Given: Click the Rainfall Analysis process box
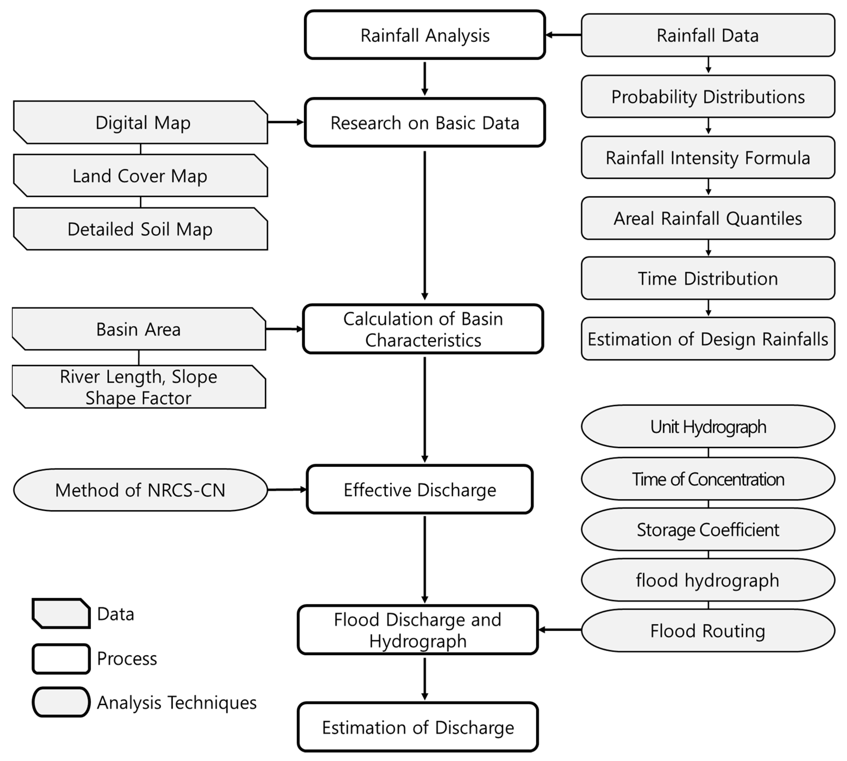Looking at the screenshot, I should point(425,35).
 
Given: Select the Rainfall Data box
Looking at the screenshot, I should point(708,35).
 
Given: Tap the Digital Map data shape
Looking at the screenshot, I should point(141,122).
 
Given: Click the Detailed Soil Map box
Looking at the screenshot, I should point(141,229).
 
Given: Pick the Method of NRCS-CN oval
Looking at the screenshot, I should point(141,490).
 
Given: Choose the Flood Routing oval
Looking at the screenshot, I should point(708,631).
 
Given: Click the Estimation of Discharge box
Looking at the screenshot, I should point(417,727).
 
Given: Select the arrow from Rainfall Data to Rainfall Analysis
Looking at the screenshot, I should point(563,35).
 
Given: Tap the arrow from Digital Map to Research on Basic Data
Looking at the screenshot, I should point(286,122).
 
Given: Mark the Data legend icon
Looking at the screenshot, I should point(61,613).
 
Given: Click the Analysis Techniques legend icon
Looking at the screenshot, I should point(61,702).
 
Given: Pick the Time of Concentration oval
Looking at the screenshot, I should point(708,479).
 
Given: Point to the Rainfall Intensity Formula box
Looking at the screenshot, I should point(708,158).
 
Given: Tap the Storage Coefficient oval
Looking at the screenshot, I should point(708,529).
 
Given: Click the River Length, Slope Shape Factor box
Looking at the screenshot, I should point(139,387).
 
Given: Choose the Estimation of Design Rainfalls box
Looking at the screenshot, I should point(708,339).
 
